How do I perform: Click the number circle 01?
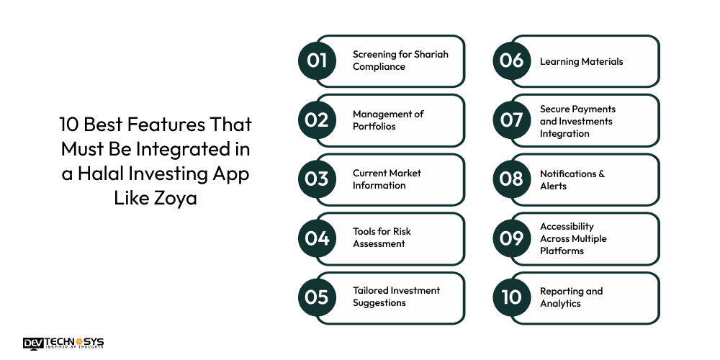pyautogui.click(x=317, y=60)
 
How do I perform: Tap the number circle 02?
pyautogui.click(x=317, y=120)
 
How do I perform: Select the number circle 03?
pyautogui.click(x=317, y=179)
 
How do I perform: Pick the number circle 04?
pyautogui.click(x=317, y=238)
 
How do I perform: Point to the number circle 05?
pyautogui.click(x=317, y=297)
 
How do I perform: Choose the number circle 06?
pyautogui.click(x=511, y=60)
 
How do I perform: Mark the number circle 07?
pyautogui.click(x=511, y=120)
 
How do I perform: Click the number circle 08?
pyautogui.click(x=511, y=179)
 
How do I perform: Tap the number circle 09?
pyautogui.click(x=511, y=238)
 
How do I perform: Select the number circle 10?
pyautogui.click(x=511, y=297)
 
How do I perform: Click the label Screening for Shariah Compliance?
pyautogui.click(x=400, y=60)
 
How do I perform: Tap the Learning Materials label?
pyautogui.click(x=581, y=61)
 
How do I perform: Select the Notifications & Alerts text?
pyautogui.click(x=572, y=179)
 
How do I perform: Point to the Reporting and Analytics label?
pyautogui.click(x=571, y=297)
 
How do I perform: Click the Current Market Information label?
pyautogui.click(x=387, y=179)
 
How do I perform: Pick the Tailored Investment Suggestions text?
pyautogui.click(x=396, y=297)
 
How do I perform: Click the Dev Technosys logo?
pyautogui.click(x=63, y=343)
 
